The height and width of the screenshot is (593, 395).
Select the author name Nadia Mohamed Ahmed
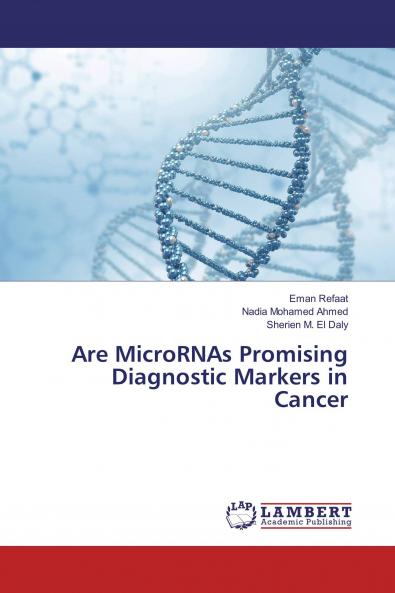pos(295,311)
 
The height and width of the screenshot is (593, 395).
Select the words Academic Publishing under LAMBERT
pos(306,522)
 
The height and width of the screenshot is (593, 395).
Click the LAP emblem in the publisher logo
pos(241,514)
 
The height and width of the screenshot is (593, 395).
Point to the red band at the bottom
pos(197,569)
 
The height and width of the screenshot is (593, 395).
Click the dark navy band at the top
pos(197,23)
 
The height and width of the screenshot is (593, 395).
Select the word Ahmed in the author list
pos(332,311)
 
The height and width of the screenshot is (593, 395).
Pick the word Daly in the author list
pos(336,324)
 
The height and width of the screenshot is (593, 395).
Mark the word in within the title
pos(337,377)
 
